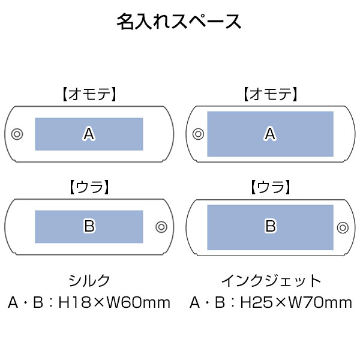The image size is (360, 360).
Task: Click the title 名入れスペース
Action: point(179,22)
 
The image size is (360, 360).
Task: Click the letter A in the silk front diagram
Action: point(89,134)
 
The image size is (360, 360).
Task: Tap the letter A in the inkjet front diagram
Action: point(270,134)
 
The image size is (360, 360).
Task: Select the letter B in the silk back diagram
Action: point(89,226)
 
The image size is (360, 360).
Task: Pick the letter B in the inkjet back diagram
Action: point(271,226)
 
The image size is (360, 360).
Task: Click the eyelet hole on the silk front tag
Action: point(17,134)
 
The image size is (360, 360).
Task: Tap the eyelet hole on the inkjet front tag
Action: point(199,134)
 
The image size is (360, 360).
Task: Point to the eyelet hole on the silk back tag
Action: point(161,227)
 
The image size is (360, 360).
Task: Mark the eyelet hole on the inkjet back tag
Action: point(343,227)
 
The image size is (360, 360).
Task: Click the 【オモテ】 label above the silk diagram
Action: point(89,94)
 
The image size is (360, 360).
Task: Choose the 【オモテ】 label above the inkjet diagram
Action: point(271,94)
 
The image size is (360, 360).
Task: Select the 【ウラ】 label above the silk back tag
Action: point(89,187)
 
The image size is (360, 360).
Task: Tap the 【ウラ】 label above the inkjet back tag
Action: point(271,187)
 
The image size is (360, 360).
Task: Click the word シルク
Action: point(89,280)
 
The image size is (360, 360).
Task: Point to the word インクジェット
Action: point(271,281)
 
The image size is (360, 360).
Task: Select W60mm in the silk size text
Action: point(139,302)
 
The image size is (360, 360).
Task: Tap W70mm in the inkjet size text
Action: point(320,302)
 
